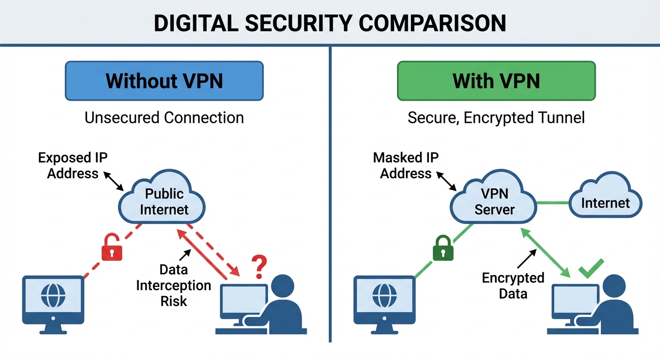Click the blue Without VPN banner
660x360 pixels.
pyautogui.click(x=164, y=81)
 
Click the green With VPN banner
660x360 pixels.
pyautogui.click(x=496, y=81)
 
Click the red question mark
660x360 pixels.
pyautogui.click(x=259, y=267)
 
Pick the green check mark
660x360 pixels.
pyautogui.click(x=592, y=269)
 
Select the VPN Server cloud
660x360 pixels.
pyautogui.click(x=495, y=202)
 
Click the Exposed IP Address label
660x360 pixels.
pyautogui.click(x=73, y=165)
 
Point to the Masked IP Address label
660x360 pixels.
pyautogui.click(x=405, y=165)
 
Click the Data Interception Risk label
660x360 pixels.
pyautogui.click(x=173, y=285)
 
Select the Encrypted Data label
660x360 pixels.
pyautogui.click(x=513, y=285)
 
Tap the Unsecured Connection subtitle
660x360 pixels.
pyautogui.click(x=164, y=117)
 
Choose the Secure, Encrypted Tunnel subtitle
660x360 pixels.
pyautogui.click(x=496, y=117)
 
